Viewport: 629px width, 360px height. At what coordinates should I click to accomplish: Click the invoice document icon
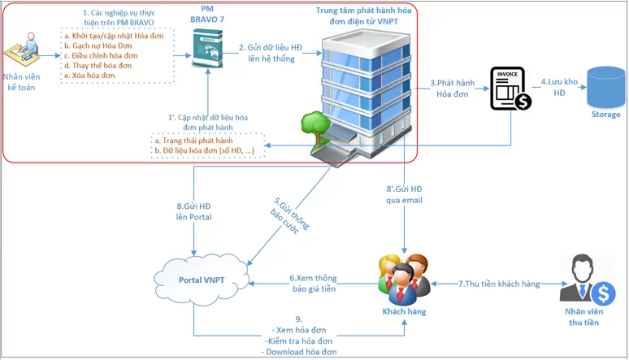coord(509,89)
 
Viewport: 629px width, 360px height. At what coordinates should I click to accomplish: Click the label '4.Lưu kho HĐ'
coord(558,87)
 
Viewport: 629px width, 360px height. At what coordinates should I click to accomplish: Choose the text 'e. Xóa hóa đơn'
coord(89,76)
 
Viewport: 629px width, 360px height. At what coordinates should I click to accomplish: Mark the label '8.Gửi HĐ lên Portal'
coord(193,213)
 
